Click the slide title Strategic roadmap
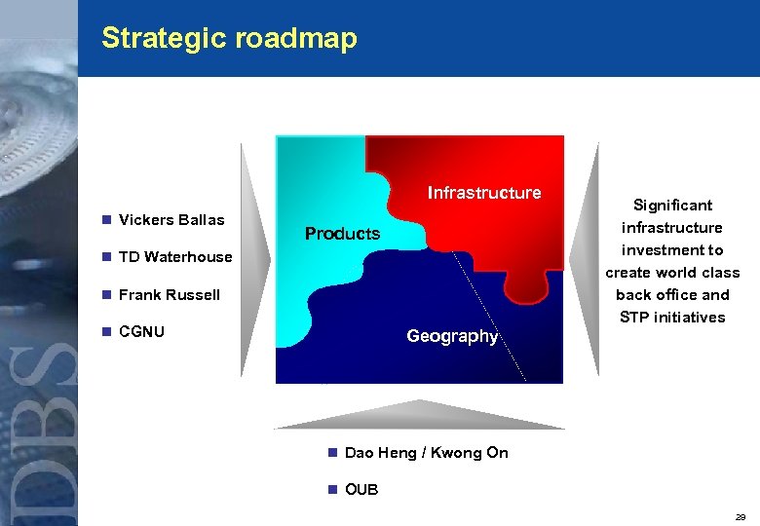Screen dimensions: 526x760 point(229,38)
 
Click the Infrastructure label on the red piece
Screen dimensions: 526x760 point(484,193)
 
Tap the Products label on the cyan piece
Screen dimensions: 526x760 point(342,234)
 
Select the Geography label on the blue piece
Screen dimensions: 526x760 point(452,336)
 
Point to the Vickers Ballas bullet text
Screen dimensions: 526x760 point(171,220)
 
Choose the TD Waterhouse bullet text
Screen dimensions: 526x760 point(175,257)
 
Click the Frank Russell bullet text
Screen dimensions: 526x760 point(170,294)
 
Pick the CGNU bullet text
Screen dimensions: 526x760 point(141,331)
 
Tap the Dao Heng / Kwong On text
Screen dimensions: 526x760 point(427,453)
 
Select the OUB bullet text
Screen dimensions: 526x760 point(361,489)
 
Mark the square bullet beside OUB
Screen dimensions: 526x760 point(332,489)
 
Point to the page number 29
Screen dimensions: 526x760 point(741,517)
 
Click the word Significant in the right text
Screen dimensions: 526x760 point(672,206)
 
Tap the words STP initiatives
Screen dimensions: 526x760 point(672,318)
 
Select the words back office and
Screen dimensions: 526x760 point(672,295)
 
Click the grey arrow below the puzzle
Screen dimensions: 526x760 point(419,416)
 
